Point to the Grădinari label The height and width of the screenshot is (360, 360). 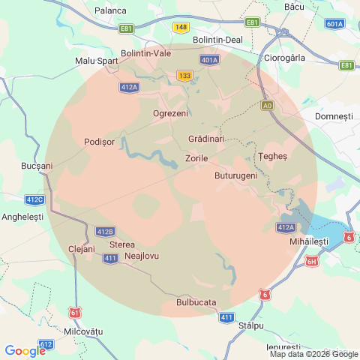pos(206,139)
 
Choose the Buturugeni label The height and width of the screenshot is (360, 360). pos(235,175)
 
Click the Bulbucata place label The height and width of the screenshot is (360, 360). pos(196,302)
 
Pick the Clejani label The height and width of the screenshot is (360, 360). pos(82,248)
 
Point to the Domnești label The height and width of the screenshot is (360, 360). pos(334,117)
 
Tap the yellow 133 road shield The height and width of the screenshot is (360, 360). pos(185,76)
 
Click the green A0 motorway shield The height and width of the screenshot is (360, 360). pos(268,106)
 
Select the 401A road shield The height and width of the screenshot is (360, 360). pos(210,59)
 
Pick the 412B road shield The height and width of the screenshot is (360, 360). pos(105,231)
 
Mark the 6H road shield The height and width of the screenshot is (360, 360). pos(313,261)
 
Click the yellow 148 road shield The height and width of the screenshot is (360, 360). pos(180,27)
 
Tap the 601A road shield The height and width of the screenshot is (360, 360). pos(334,24)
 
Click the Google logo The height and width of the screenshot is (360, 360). pos(25,350)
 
